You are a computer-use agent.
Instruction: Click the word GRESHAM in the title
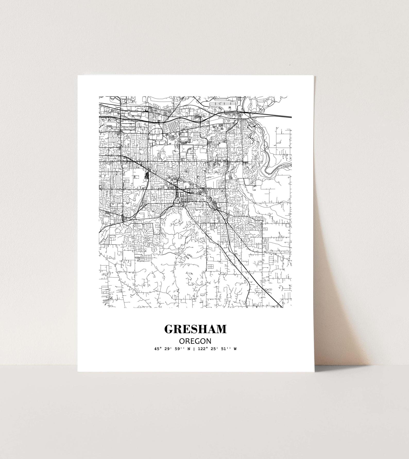[195, 329]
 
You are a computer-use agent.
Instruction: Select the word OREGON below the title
[195, 341]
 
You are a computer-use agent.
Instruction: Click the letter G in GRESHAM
[169, 329]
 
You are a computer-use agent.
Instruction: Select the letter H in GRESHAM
[203, 329]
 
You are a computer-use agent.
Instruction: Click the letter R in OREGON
[186, 341]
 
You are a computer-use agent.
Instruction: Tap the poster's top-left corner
[78, 75]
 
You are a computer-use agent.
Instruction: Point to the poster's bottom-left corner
[78, 371]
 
